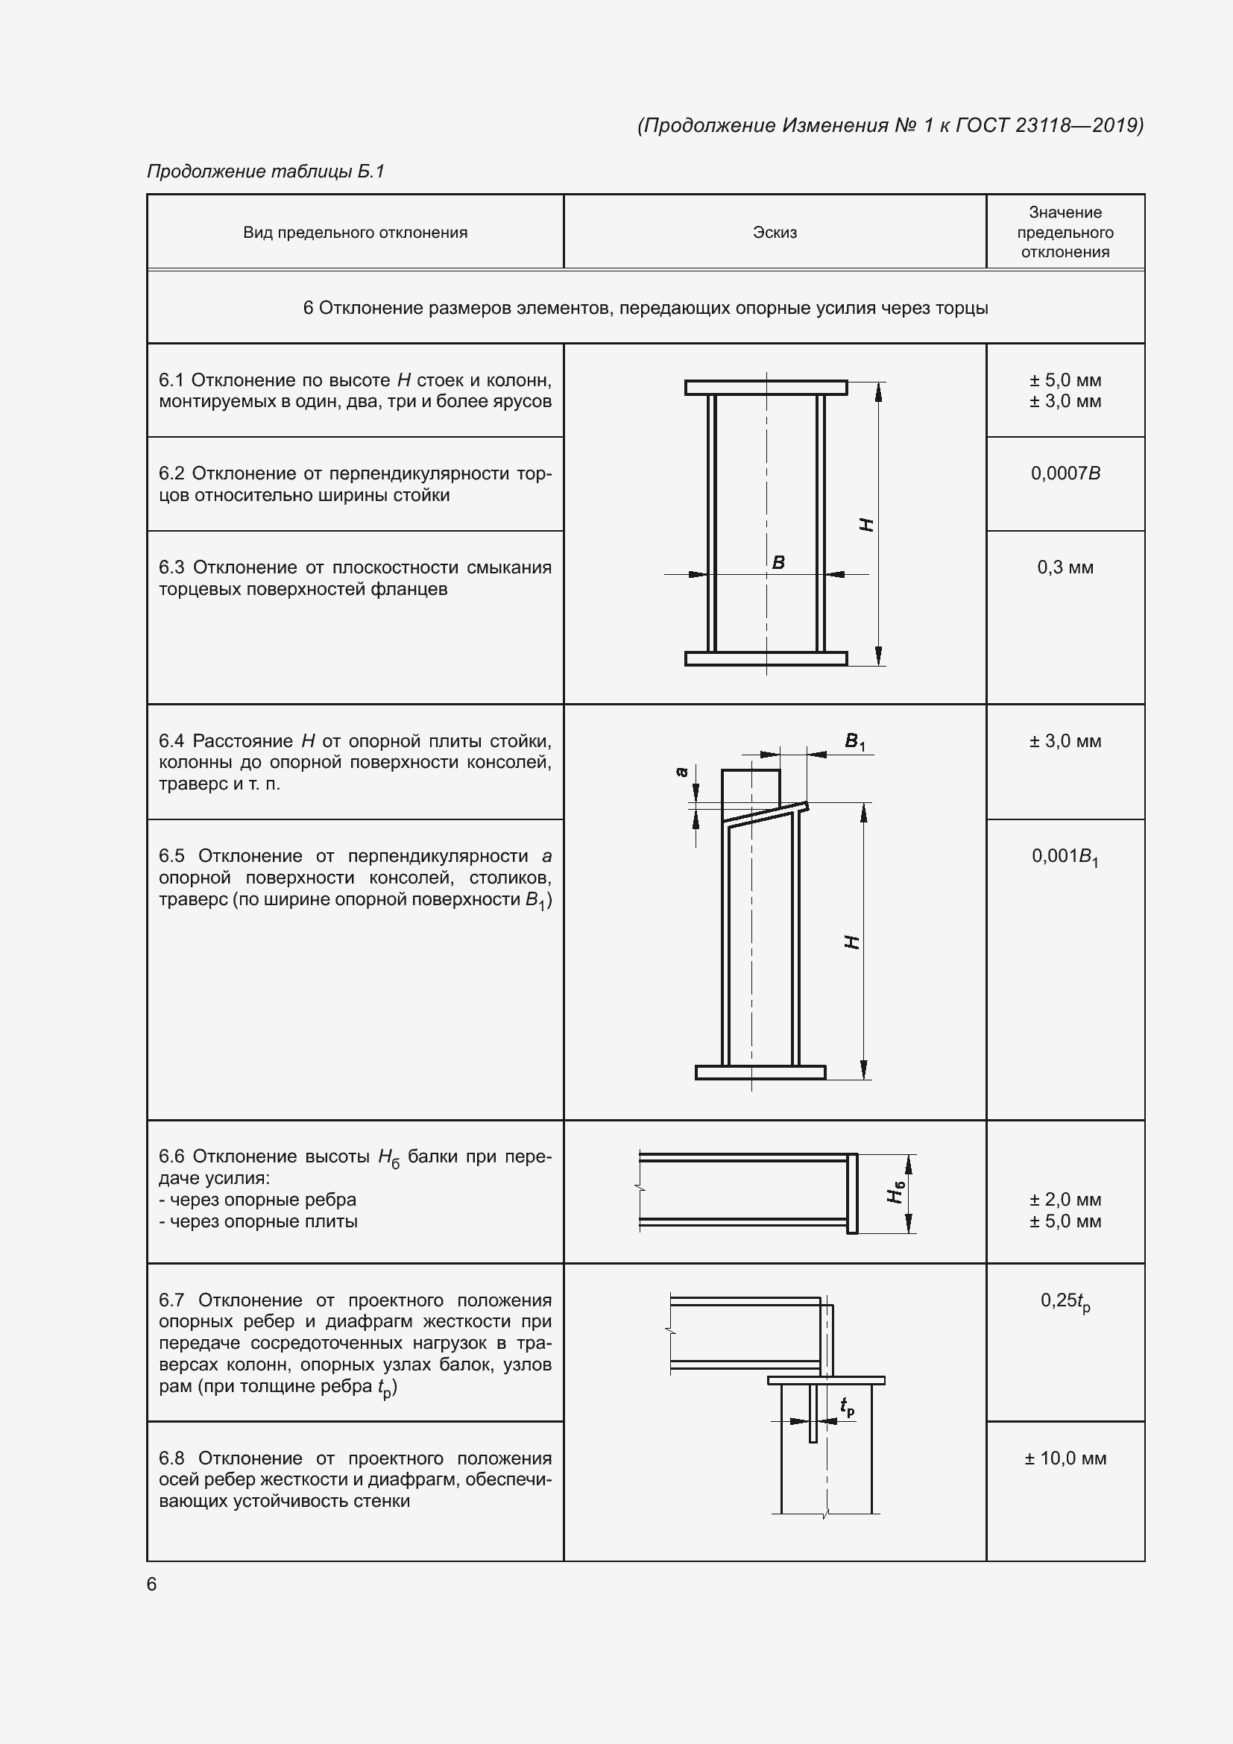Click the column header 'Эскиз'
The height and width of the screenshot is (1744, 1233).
coord(775,233)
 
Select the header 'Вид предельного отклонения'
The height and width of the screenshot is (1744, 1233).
coord(355,233)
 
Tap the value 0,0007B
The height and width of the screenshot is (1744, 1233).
coord(1065,473)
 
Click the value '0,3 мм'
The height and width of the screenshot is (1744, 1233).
coord(1065,567)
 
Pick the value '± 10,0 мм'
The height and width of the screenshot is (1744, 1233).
coord(1065,1458)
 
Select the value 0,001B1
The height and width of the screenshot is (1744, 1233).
coord(1065,857)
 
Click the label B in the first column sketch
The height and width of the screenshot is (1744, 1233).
coord(778,562)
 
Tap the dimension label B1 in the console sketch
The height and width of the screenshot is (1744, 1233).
coord(854,741)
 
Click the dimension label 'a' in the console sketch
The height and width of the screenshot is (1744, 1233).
coord(682,772)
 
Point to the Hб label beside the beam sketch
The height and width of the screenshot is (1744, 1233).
coord(897,1193)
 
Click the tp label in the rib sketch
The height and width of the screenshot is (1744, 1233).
coord(848,1408)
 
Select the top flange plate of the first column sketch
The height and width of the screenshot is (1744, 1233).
coord(766,388)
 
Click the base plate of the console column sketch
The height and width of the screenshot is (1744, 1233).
coord(760,1071)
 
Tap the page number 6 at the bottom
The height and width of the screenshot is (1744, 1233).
coord(152,1584)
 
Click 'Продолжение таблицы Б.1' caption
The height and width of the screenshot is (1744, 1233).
coord(265,171)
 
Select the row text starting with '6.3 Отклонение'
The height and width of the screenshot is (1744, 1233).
coord(355,578)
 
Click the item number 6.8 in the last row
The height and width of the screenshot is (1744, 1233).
coord(171,1458)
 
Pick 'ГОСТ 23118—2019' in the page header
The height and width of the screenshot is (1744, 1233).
coord(1047,125)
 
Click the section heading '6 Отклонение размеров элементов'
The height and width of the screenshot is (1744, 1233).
coord(646,308)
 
